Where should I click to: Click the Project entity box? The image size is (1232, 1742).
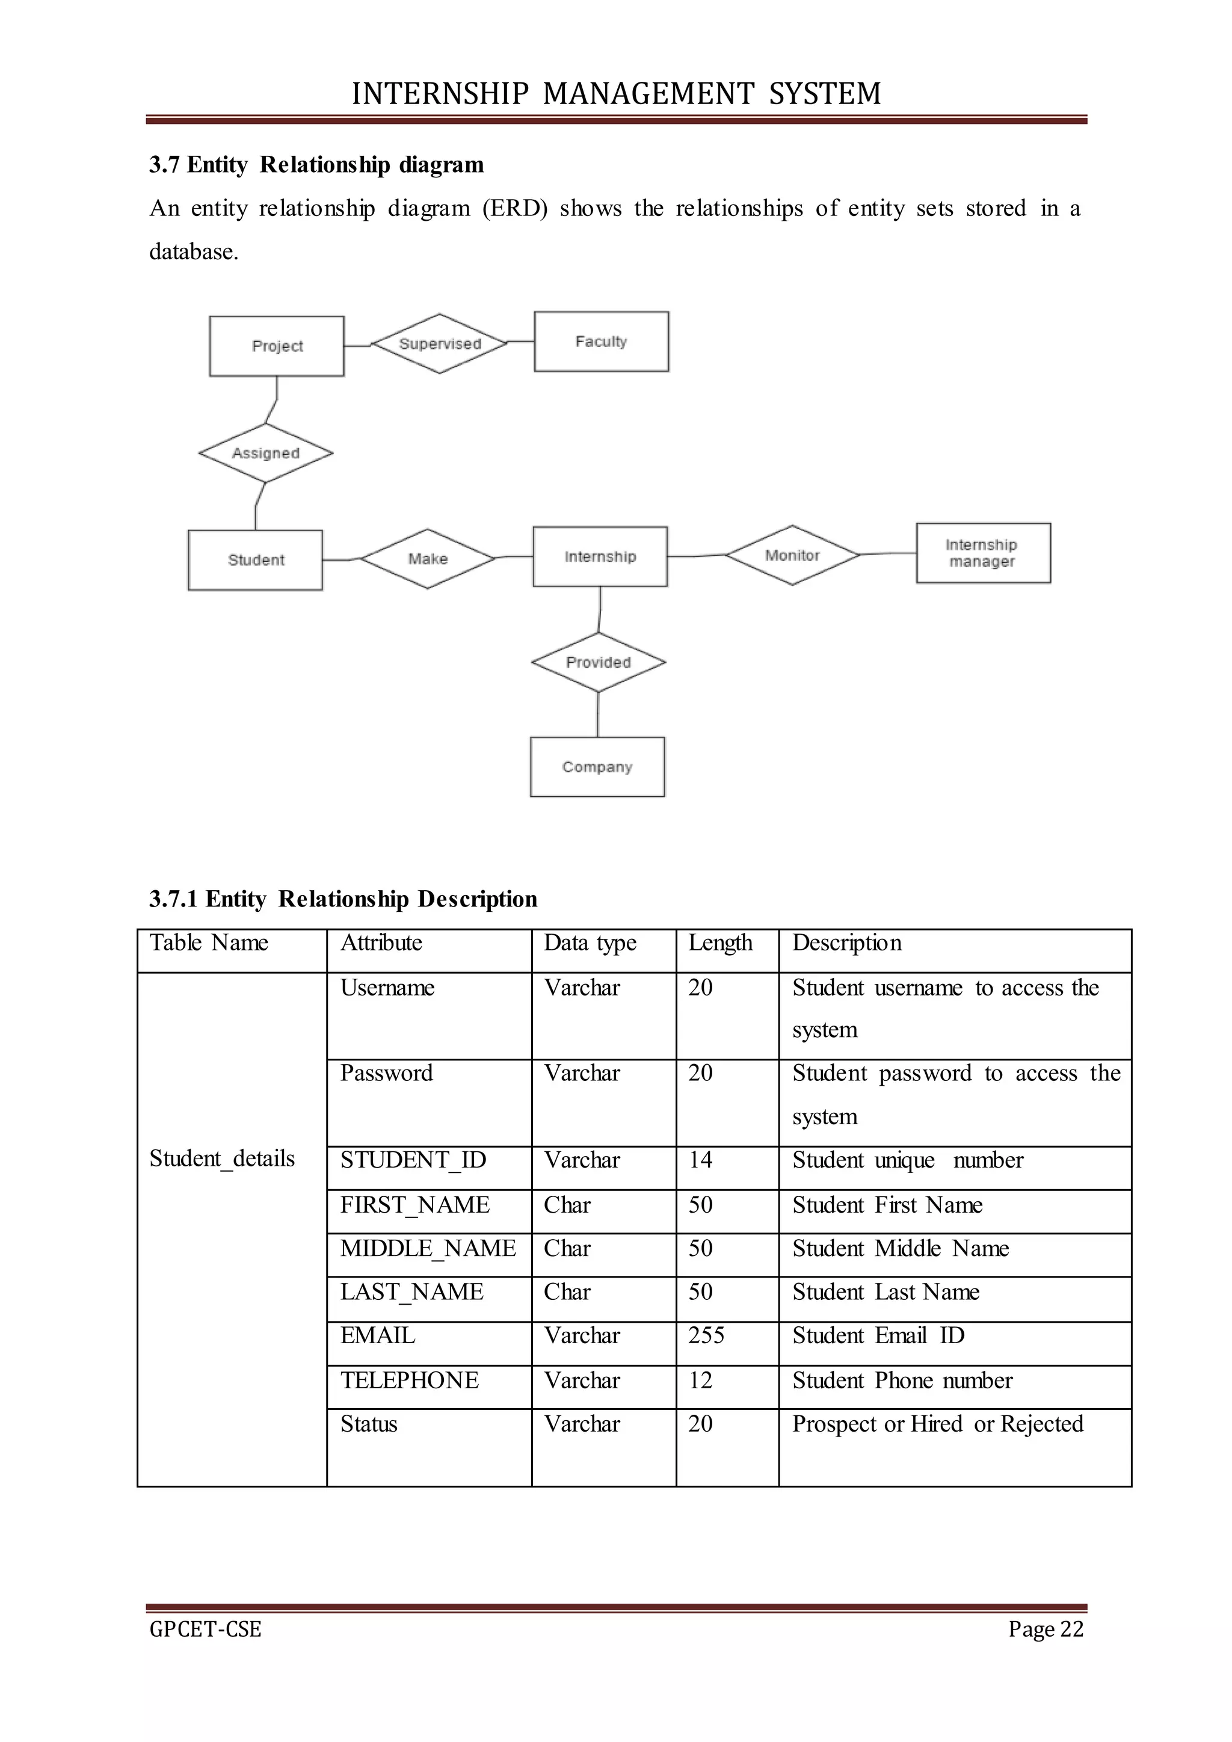tap(276, 346)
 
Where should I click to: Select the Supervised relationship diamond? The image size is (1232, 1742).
tap(439, 343)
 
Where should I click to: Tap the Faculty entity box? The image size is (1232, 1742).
tap(601, 342)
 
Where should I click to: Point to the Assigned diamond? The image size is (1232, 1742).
tap(265, 453)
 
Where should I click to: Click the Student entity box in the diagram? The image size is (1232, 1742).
tap(255, 560)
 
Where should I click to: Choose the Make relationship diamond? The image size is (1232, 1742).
tap(428, 559)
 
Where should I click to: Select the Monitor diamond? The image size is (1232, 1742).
tap(792, 555)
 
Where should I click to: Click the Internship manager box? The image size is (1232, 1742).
tap(982, 553)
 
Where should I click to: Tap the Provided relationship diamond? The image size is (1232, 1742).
tap(598, 662)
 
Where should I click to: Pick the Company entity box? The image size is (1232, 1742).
tap(597, 767)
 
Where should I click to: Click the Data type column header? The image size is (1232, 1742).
tap(590, 943)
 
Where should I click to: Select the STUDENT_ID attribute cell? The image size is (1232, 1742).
tap(413, 1160)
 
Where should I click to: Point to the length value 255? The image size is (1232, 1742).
tap(706, 1335)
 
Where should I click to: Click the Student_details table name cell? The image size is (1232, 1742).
tap(222, 1159)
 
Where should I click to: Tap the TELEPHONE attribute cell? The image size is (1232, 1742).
tap(409, 1380)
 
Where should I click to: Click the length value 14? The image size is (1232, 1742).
tap(700, 1160)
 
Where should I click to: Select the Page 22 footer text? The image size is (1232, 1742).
tap(1046, 1629)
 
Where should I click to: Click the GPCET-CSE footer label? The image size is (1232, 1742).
tap(206, 1629)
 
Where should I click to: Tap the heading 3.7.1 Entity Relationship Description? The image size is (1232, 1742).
tap(343, 899)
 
